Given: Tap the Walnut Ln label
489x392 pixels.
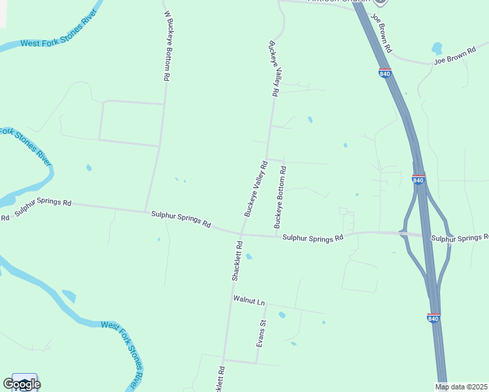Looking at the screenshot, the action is (x=249, y=301).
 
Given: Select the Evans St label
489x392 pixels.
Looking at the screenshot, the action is (x=261, y=333).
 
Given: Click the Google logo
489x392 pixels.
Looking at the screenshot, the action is (x=21, y=384).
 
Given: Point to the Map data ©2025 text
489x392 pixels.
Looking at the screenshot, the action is (x=462, y=387).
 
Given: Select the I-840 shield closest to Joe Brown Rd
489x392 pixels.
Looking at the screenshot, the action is (x=385, y=73).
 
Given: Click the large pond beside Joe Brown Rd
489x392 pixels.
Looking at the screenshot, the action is (x=437, y=48).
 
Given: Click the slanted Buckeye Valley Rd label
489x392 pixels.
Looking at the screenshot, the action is (x=256, y=189).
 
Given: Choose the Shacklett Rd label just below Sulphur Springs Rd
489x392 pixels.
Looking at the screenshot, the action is (x=237, y=261).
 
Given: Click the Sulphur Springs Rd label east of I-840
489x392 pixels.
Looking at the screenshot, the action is (x=460, y=238).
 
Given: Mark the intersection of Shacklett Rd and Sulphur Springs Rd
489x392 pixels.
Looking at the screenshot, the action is (x=241, y=233).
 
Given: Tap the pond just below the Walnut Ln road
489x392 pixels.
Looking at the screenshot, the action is (x=282, y=315).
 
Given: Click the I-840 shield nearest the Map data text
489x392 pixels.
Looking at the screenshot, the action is (x=433, y=318).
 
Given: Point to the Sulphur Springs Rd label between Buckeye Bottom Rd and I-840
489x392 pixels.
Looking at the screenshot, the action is (x=312, y=238).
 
